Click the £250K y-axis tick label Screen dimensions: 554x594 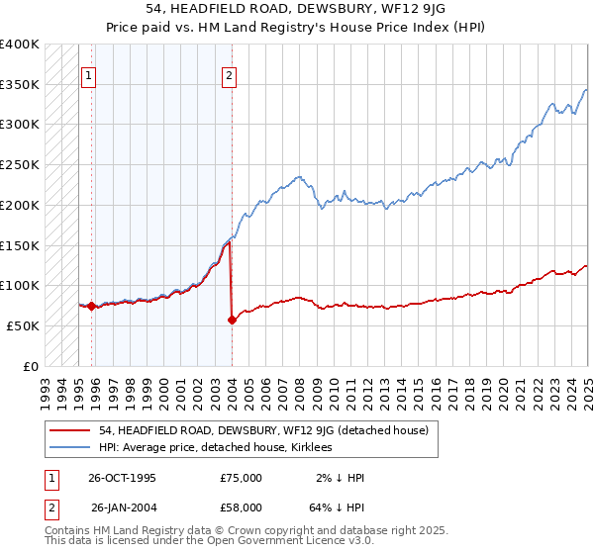click(x=20, y=165)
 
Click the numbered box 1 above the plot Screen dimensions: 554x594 click(x=89, y=74)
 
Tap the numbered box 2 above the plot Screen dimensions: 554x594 click(x=229, y=74)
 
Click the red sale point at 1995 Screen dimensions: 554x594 click(x=92, y=306)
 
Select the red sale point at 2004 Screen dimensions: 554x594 click(x=232, y=320)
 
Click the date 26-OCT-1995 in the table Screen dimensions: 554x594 click(x=122, y=478)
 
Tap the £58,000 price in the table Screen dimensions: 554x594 click(x=241, y=508)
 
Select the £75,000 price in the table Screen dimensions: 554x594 click(x=241, y=478)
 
